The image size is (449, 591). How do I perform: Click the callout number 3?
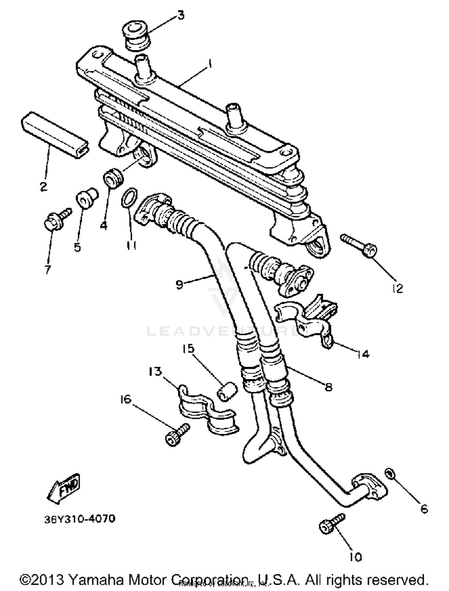pos(180,15)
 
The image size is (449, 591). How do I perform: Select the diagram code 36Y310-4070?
pos(80,518)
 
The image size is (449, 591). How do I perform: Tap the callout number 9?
pos(179,285)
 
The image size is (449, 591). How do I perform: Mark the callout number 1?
pos(210,63)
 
